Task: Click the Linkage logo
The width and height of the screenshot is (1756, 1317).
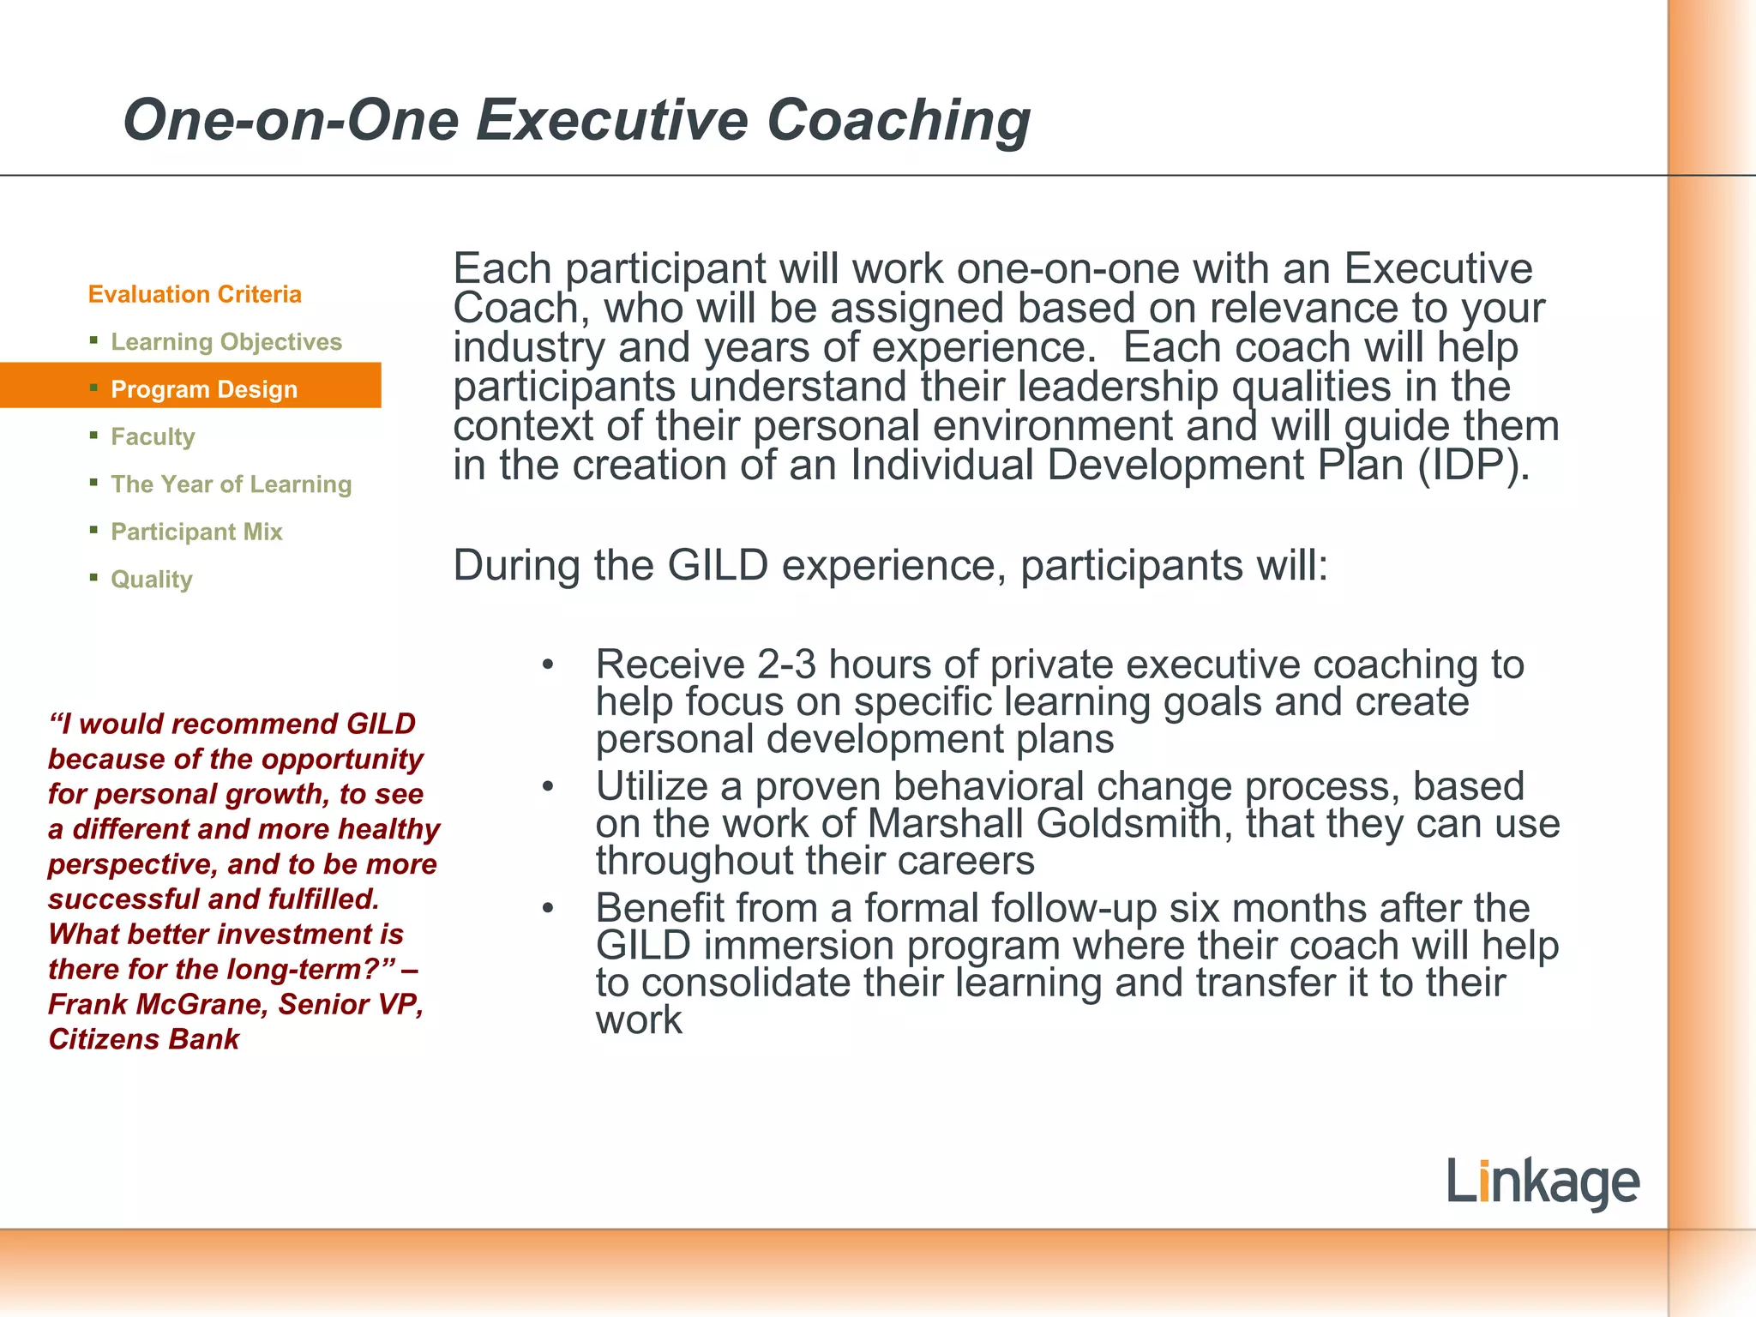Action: click(1543, 1182)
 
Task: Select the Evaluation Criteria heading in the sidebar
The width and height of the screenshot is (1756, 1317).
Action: click(195, 294)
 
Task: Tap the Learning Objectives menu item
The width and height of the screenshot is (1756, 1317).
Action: click(226, 341)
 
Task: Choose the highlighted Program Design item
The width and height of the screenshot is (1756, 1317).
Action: click(204, 389)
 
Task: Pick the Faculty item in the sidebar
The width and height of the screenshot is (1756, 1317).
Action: click(153, 436)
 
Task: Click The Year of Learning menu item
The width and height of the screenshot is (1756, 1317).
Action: click(232, 484)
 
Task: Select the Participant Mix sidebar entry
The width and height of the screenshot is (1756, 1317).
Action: click(196, 532)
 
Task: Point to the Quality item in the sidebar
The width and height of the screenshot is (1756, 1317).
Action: click(152, 580)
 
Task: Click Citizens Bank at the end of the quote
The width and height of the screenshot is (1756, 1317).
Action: click(143, 1039)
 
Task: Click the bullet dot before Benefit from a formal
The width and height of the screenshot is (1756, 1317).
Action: click(548, 908)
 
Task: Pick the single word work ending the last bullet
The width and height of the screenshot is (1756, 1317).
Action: click(639, 1020)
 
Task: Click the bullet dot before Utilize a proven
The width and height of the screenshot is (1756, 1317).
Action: click(548, 786)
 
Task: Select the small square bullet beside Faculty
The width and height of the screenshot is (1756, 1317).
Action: click(93, 436)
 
